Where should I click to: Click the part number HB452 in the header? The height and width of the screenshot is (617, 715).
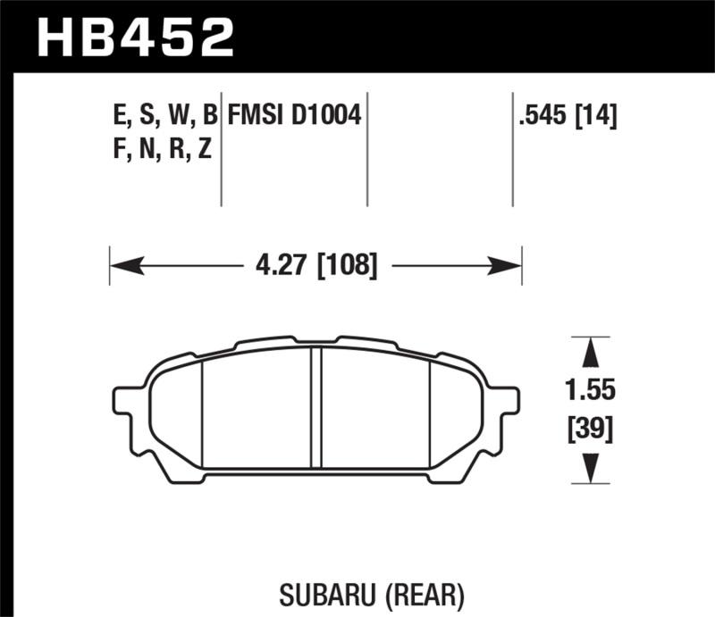tap(134, 38)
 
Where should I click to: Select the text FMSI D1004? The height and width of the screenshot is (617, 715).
tap(294, 115)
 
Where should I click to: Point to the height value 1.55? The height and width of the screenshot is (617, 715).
tap(590, 391)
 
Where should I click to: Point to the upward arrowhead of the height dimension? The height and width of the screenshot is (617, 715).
tap(590, 353)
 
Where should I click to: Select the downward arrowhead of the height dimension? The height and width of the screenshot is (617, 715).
tap(590, 469)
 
